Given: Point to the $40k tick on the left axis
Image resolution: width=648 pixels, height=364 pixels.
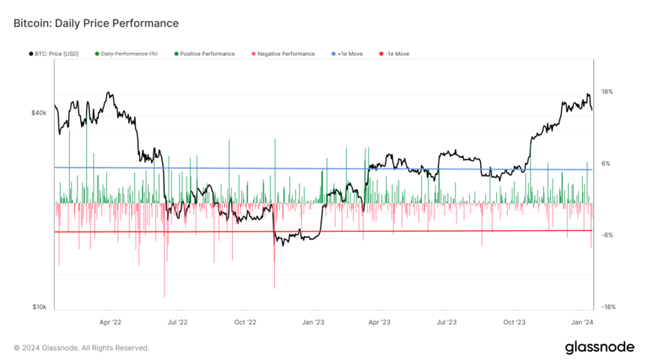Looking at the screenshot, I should point(40,112).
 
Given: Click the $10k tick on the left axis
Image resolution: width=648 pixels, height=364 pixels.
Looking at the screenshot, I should point(40,308).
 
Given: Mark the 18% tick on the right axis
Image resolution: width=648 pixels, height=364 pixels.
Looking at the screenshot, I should point(607,91).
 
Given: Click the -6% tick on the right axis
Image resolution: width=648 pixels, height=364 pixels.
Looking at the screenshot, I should point(606,235).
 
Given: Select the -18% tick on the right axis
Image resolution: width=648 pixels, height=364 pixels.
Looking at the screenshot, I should point(607,308).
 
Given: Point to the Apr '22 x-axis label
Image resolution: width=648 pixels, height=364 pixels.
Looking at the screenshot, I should point(111,322).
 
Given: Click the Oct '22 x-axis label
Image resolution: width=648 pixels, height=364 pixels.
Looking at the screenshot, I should point(246,322).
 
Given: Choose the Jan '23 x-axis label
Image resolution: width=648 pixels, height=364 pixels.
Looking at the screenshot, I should point(313,322).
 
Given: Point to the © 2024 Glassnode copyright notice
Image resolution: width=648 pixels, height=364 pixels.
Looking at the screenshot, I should point(81,347).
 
